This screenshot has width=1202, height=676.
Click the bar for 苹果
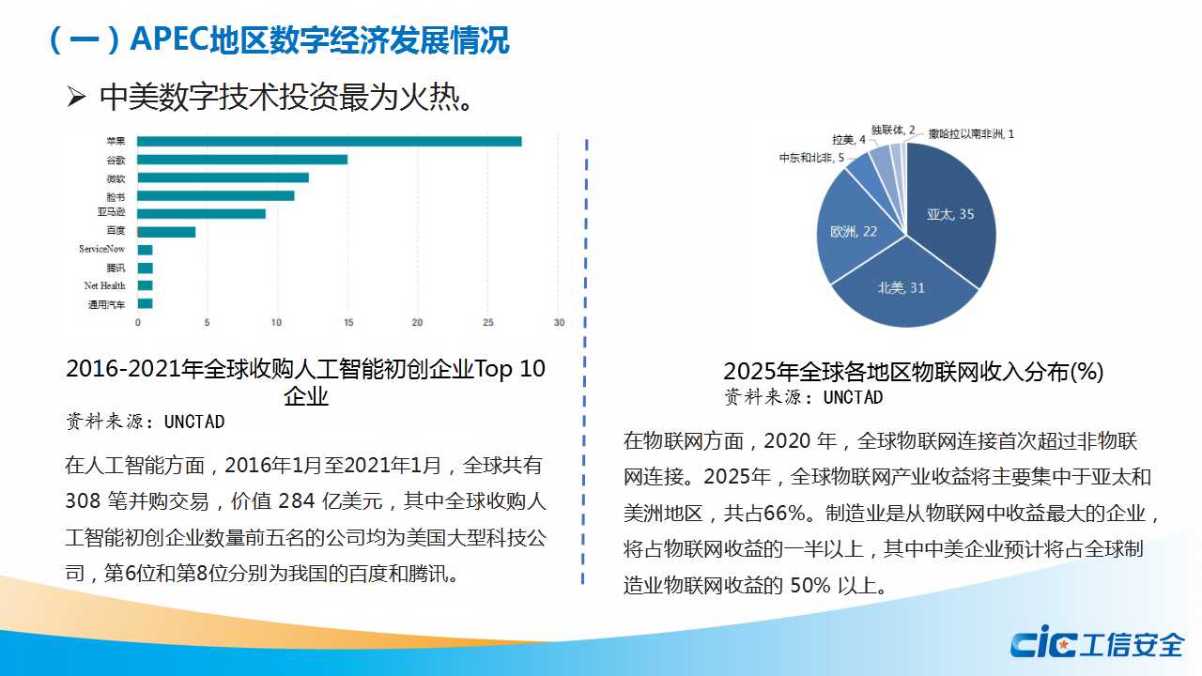329,142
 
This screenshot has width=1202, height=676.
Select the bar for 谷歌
242,160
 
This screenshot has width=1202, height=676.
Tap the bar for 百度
166,232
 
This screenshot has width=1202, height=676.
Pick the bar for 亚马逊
201,214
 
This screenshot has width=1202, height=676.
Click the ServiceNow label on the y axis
101,250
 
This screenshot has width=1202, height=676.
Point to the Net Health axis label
104,285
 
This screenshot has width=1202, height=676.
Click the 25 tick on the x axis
487,323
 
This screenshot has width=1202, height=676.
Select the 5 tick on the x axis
208,323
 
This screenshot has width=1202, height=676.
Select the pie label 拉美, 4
849,140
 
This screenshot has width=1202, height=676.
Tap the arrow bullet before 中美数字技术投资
76,97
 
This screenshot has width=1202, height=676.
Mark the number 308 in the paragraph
83,500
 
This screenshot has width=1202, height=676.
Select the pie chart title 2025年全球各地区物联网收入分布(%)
913,372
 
